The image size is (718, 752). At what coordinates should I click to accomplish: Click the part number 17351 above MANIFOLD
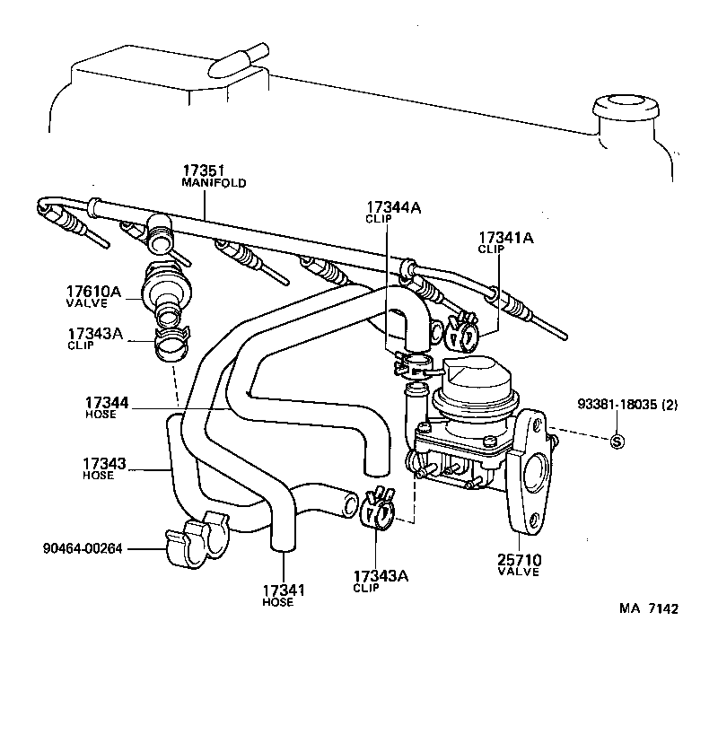(x=204, y=171)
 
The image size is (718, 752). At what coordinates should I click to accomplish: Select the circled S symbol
(x=617, y=441)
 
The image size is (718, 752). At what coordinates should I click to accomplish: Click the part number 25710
(x=520, y=561)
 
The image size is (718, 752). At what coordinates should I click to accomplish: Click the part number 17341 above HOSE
(x=284, y=590)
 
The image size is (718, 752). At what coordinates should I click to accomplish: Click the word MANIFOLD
(x=214, y=182)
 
